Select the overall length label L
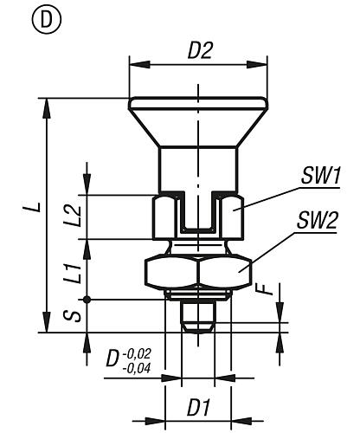click(30, 210)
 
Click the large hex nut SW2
click(197, 275)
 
